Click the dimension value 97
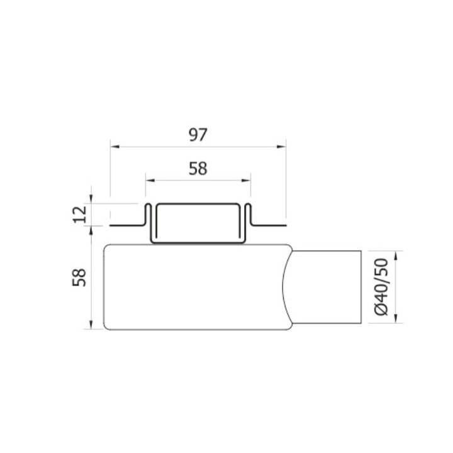(198, 134)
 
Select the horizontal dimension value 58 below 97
(198, 168)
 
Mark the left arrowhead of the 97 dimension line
(114, 147)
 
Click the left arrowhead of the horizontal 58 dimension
(149, 180)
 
